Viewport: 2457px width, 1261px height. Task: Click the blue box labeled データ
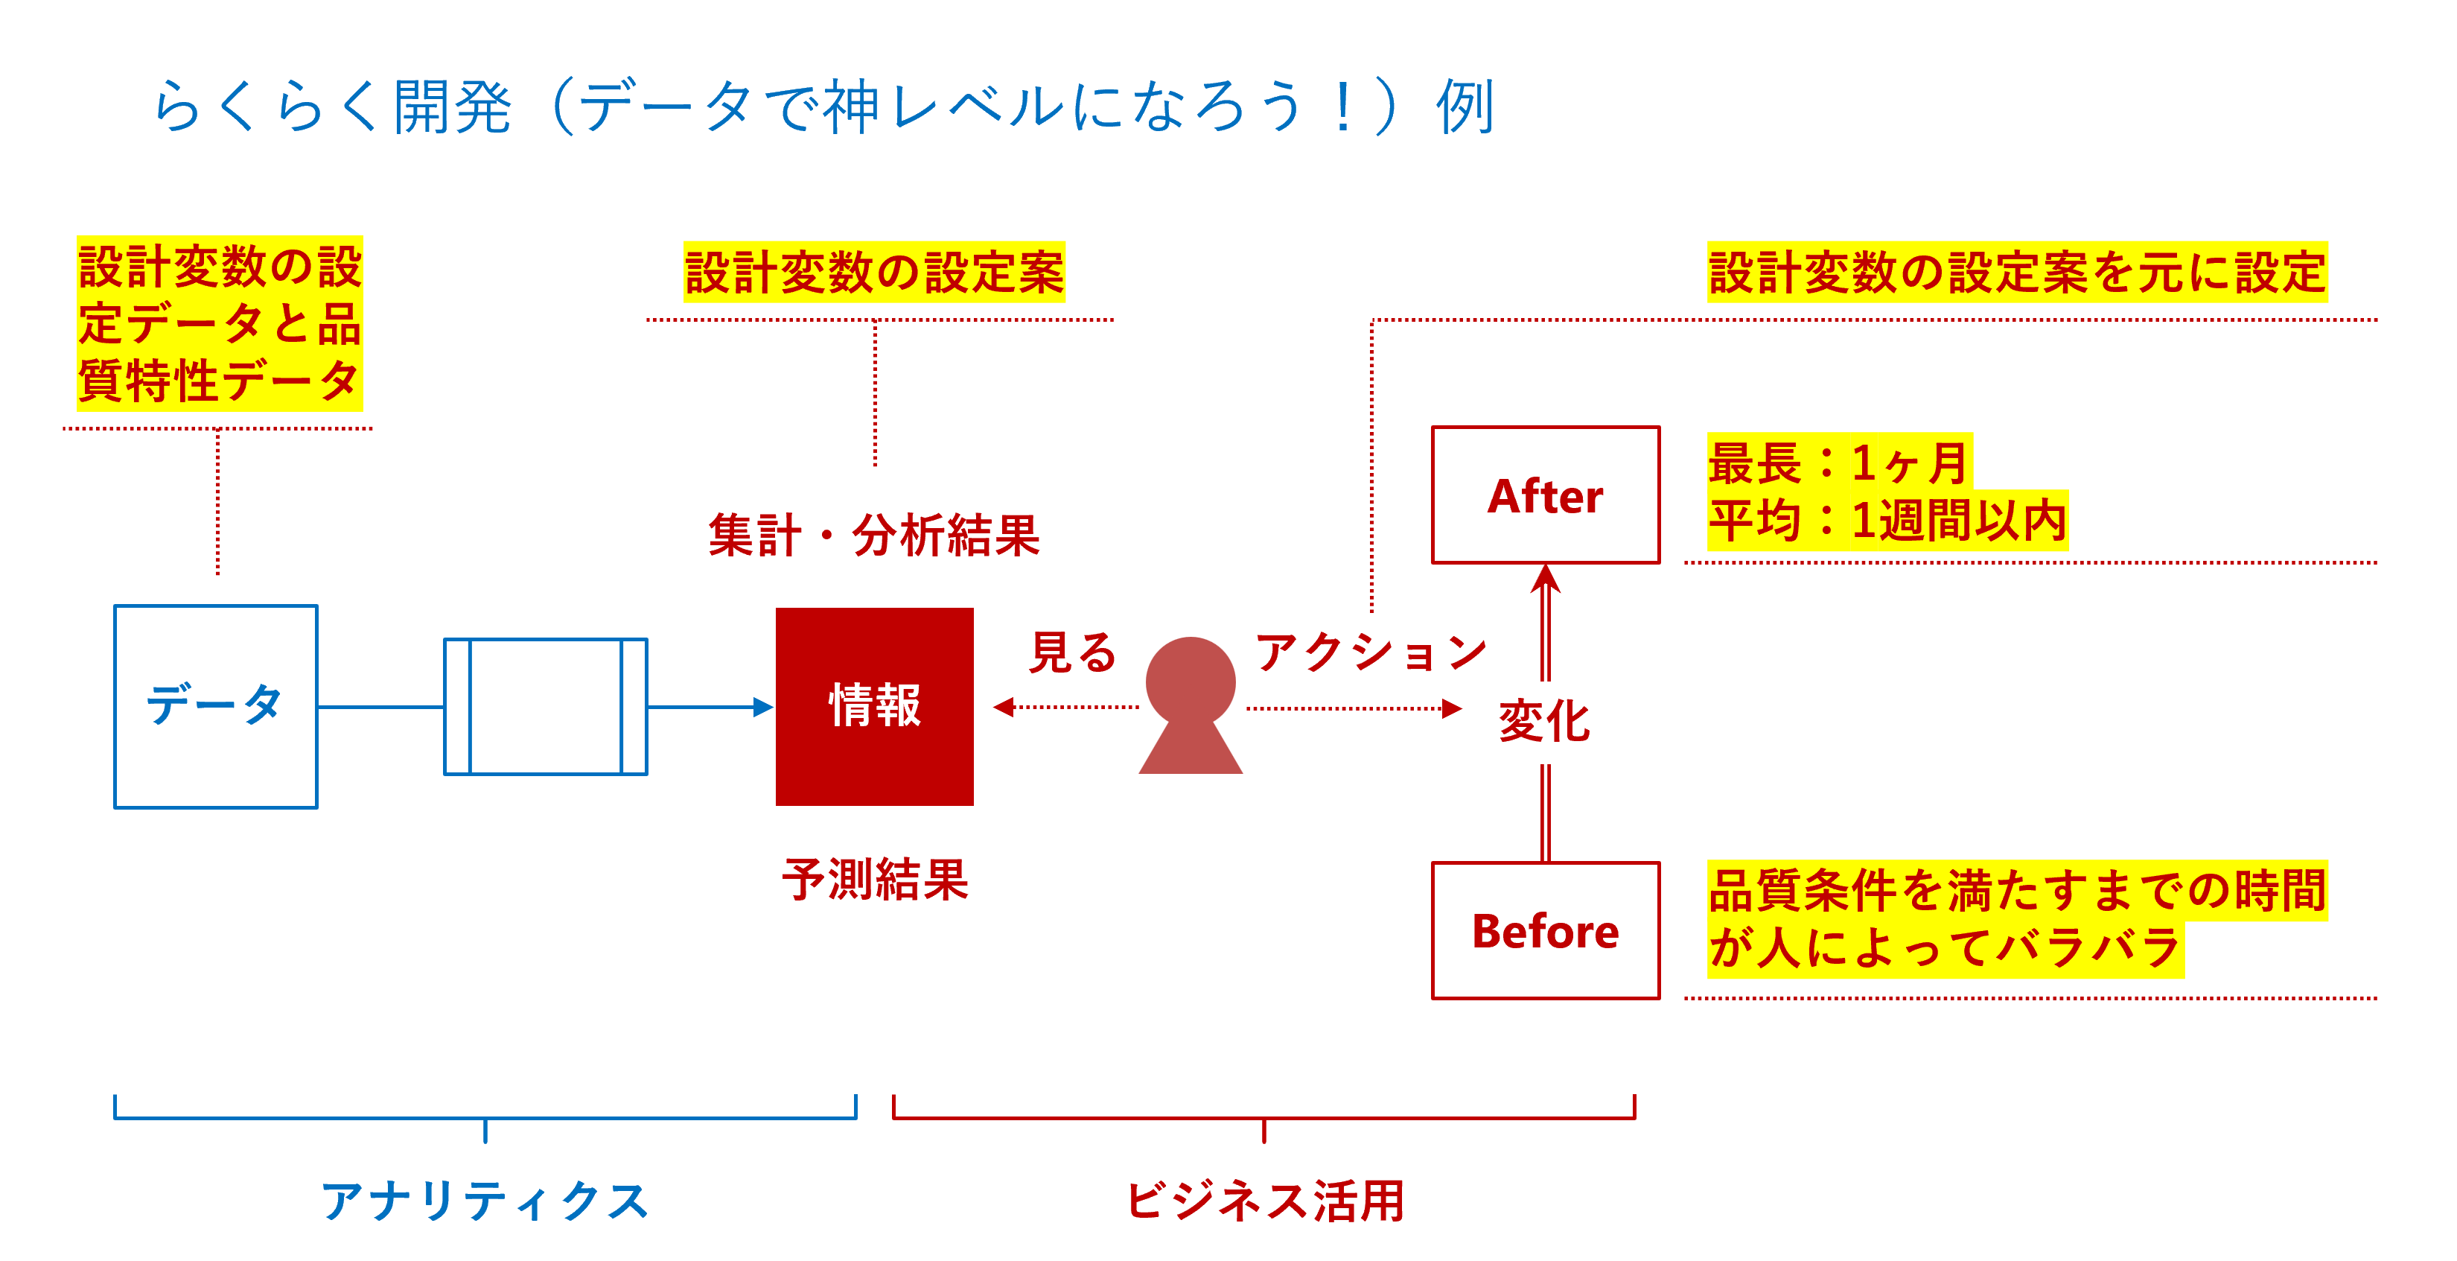216,707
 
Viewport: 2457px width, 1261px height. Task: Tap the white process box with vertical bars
546,707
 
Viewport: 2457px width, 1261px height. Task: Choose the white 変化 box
1544,722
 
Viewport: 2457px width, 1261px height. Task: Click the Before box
1545,931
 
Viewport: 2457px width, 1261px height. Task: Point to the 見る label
1073,653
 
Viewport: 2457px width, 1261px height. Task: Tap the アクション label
1371,653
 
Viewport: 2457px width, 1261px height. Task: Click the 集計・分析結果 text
873,535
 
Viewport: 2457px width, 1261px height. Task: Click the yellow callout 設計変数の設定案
873,273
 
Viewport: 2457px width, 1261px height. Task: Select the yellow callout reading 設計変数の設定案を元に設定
2016,273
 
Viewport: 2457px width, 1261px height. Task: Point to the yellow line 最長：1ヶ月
1838,463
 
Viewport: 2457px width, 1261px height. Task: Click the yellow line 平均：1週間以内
1887,521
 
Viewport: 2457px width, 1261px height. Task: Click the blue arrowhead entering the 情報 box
763,707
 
